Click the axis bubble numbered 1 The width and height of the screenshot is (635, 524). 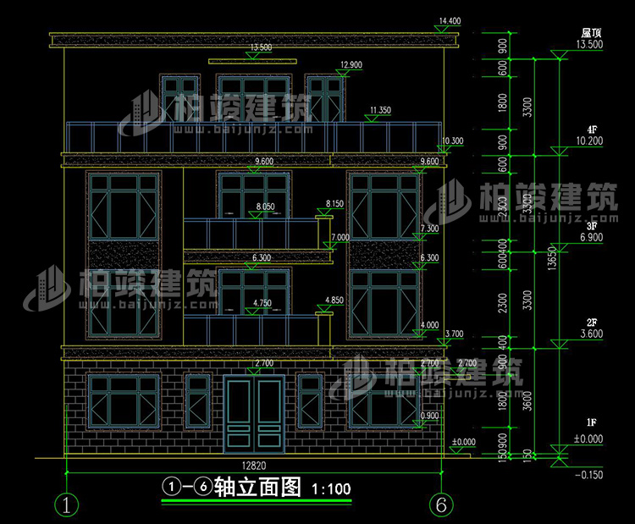[x=67, y=505]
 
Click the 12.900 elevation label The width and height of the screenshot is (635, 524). [x=351, y=65]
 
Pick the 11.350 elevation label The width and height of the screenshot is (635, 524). [x=380, y=110]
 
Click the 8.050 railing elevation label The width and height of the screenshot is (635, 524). [x=266, y=207]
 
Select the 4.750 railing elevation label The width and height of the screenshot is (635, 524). [x=265, y=302]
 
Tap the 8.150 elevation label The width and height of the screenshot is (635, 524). [x=335, y=204]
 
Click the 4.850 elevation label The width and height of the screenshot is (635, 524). [x=335, y=300]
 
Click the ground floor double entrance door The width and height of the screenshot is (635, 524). [x=254, y=413]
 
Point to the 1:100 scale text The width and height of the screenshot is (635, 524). [x=331, y=489]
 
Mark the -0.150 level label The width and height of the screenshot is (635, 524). [x=588, y=475]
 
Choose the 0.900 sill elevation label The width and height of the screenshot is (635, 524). [x=430, y=415]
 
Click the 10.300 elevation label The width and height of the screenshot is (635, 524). [x=452, y=141]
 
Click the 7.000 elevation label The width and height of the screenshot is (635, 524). [x=340, y=238]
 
